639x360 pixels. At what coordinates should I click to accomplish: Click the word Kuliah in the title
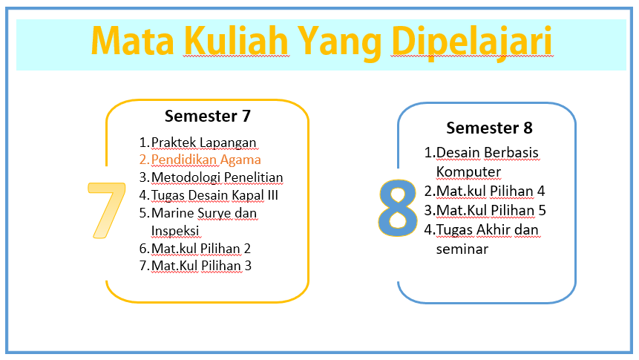pos(236,40)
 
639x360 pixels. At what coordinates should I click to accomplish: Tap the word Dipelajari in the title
pos(472,42)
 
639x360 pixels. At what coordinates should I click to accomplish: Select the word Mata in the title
pos(133,41)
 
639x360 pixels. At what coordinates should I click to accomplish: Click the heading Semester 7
pos(207,117)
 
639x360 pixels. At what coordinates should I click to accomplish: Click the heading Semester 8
pos(489,128)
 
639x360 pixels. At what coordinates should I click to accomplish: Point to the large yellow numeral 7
pos(107,210)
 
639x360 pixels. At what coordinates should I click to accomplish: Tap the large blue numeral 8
pos(397,209)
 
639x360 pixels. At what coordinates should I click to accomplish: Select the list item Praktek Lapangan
pos(203,143)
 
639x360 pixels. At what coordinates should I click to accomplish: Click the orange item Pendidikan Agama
pos(206,160)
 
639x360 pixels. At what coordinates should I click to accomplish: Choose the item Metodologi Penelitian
pos(217,177)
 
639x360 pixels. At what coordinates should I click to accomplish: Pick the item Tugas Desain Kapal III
pos(214,195)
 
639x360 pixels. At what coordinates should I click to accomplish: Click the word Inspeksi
pos(175,231)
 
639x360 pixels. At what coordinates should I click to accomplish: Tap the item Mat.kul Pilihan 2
pos(200,249)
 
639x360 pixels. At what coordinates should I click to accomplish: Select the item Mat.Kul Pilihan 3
pos(201,266)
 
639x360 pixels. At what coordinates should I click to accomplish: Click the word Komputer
pos(468,172)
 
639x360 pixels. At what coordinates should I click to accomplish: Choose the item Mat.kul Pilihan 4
pos(491,192)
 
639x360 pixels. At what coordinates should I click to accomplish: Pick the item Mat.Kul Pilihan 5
pos(491,210)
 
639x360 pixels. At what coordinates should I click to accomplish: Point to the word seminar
pos(462,249)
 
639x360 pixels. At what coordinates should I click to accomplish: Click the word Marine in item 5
pos(172,213)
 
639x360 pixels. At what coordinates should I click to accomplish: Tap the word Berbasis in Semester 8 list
pos(511,152)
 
